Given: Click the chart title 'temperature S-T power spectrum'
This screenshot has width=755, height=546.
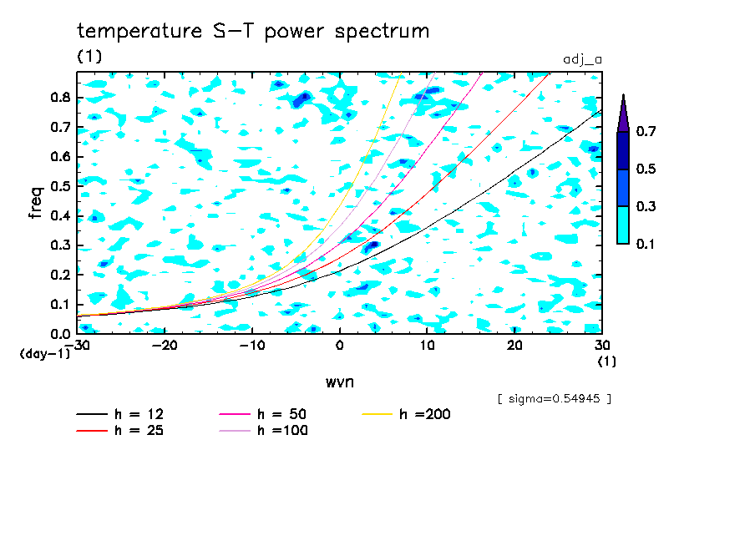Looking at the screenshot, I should click(253, 32).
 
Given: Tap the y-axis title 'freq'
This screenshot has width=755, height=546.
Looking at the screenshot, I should click(36, 202).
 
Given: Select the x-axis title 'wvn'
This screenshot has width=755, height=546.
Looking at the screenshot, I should click(340, 382).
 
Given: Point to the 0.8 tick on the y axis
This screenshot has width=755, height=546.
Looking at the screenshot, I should click(59, 97).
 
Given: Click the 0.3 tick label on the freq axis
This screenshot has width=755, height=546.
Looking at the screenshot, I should click(59, 245).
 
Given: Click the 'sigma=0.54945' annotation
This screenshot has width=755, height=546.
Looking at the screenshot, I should click(554, 398).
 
